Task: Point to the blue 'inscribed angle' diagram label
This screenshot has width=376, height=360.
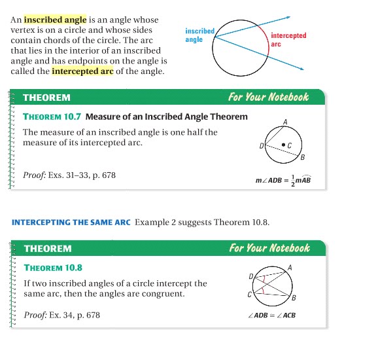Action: point(199,35)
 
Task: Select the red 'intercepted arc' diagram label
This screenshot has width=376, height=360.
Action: point(288,40)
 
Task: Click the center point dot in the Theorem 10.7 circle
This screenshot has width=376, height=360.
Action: point(282,144)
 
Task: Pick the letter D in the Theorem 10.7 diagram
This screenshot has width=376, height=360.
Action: point(262,145)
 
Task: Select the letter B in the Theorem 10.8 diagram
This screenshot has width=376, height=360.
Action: point(294,298)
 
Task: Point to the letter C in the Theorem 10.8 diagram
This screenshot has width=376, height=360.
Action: point(250,294)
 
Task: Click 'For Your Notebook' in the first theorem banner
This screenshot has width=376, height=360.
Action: point(268,97)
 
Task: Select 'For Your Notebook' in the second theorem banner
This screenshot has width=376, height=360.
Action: point(269,247)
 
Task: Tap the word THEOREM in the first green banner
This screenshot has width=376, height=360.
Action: point(46,98)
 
